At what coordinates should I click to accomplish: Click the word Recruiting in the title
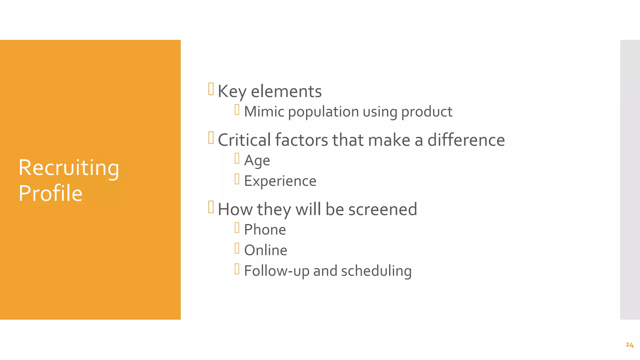click(69, 168)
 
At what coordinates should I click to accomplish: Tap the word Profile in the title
click(50, 193)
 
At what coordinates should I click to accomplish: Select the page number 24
click(629, 345)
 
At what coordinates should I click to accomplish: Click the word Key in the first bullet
click(232, 92)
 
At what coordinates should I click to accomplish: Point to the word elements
click(286, 92)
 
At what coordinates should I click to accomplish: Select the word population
click(323, 112)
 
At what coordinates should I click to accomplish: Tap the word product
click(427, 112)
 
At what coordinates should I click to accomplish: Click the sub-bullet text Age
click(257, 161)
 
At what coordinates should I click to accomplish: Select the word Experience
click(280, 181)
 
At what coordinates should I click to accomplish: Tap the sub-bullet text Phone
click(265, 230)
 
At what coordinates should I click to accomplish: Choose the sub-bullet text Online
click(266, 250)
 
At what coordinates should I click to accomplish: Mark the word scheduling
click(376, 271)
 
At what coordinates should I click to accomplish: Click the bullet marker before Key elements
click(211, 89)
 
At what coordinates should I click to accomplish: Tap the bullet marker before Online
click(237, 248)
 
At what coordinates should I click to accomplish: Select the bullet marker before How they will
click(211, 207)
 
